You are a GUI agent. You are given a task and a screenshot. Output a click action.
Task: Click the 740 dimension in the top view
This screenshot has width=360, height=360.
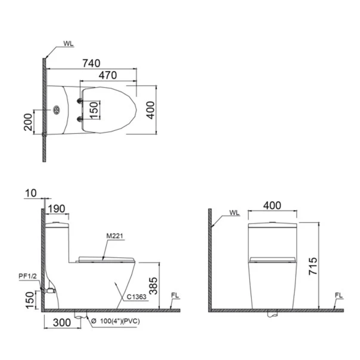pyautogui.click(x=91, y=63)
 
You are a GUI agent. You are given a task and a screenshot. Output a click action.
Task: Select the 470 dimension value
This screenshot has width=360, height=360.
pyautogui.click(x=108, y=75)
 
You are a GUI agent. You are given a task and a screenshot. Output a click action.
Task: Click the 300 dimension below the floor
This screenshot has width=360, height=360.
pyautogui.click(x=62, y=322)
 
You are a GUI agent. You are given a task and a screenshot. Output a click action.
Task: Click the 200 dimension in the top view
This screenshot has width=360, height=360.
pyautogui.click(x=29, y=122)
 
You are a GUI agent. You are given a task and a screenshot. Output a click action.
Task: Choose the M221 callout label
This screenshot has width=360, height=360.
pyautogui.click(x=115, y=236)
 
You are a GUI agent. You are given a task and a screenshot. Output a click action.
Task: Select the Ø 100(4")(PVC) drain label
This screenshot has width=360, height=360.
pyautogui.click(x=115, y=321)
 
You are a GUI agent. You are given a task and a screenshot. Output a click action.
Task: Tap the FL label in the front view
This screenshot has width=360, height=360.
pyautogui.click(x=339, y=296)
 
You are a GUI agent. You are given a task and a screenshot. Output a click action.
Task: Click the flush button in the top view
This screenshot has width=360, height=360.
pyautogui.click(x=57, y=109)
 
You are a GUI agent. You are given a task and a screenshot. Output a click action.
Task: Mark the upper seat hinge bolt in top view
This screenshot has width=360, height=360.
pyautogui.click(x=80, y=101)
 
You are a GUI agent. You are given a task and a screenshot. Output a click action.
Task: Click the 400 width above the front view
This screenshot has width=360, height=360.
pyautogui.click(x=272, y=205)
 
